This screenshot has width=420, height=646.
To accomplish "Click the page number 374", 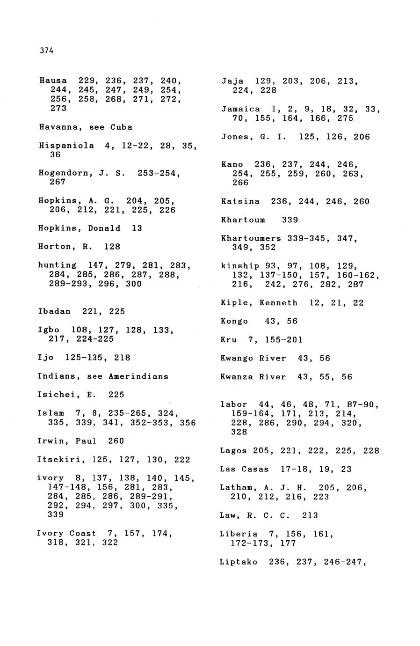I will (47, 51).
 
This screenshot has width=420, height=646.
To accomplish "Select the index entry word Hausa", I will (53, 81).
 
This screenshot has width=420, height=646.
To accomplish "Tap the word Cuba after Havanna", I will (121, 127).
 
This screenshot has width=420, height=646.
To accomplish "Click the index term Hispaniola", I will (66, 146).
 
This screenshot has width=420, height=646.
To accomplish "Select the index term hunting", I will (57, 265).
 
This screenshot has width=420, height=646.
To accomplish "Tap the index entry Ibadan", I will (54, 311).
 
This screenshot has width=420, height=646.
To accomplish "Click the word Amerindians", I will (138, 376).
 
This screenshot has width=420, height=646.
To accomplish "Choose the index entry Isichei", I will (56, 395).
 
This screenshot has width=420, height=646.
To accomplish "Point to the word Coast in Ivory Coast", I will (83, 533).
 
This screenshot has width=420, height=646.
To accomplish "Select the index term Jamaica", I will (240, 109).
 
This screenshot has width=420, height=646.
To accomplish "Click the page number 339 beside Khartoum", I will (290, 220).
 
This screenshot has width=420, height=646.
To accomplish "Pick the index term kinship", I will (240, 266).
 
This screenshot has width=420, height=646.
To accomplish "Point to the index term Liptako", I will (238, 562).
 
